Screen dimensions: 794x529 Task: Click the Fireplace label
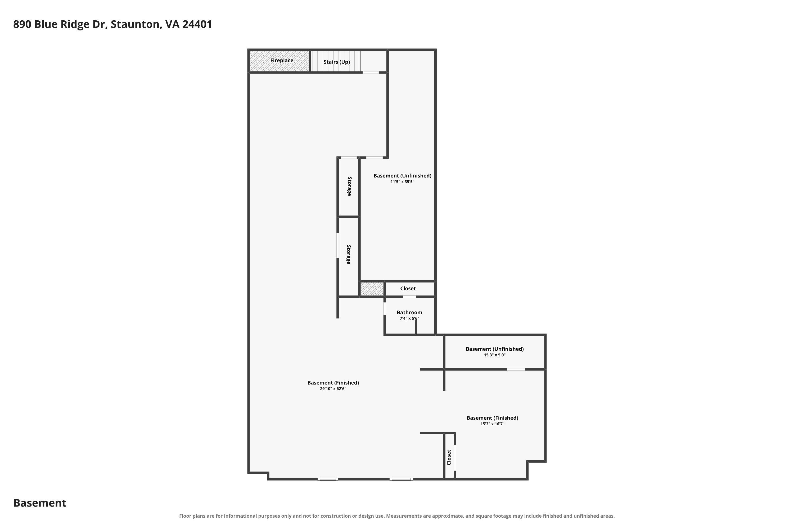282,60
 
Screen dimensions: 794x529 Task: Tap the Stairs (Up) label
337,62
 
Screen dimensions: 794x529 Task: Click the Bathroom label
409,312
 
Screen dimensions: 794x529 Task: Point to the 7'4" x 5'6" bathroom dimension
409,318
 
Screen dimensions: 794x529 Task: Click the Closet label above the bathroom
408,289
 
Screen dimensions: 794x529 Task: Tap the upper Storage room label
349,186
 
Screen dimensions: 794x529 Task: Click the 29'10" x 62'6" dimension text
333,389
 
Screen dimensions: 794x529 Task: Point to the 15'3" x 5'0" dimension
495,355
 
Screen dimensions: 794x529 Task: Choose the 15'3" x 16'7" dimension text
492,424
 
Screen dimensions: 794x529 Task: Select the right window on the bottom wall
401,479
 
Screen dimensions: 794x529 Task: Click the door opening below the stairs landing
371,72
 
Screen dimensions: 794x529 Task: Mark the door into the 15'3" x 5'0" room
516,370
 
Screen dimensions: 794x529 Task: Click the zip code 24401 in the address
197,24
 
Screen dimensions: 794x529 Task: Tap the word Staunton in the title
135,25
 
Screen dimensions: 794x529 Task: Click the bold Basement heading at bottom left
40,503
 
